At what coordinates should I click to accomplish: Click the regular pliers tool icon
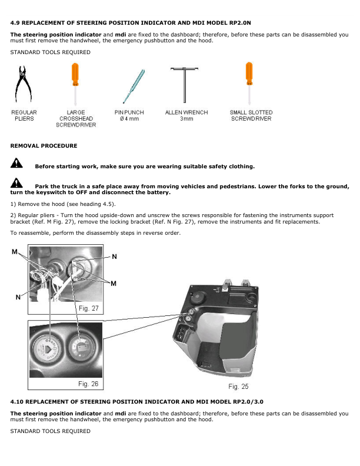click(x=25, y=85)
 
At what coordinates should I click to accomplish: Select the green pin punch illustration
click(x=130, y=85)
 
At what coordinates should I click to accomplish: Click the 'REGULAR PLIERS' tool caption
click(x=25, y=115)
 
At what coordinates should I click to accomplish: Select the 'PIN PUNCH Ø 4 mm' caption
click(x=129, y=115)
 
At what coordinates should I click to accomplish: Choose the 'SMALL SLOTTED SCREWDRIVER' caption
click(x=251, y=115)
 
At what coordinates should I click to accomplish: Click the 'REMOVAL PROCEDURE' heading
click(x=44, y=145)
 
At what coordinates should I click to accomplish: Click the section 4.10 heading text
click(x=136, y=401)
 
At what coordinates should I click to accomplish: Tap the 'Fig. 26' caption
click(x=88, y=384)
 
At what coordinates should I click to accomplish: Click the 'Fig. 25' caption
click(x=238, y=387)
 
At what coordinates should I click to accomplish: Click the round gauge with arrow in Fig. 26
click(x=48, y=352)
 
